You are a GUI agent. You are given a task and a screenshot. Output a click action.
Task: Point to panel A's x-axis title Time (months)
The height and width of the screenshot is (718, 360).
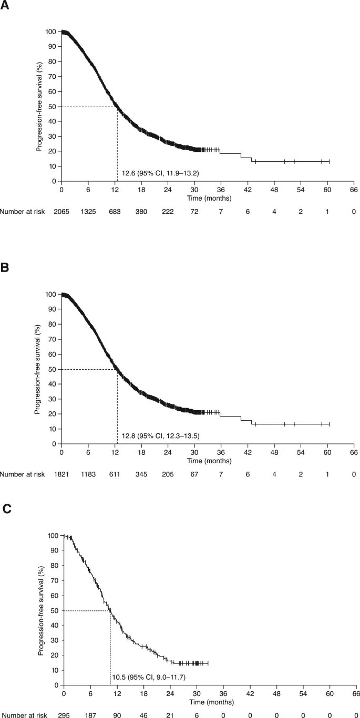pyautogui.click(x=208, y=199)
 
